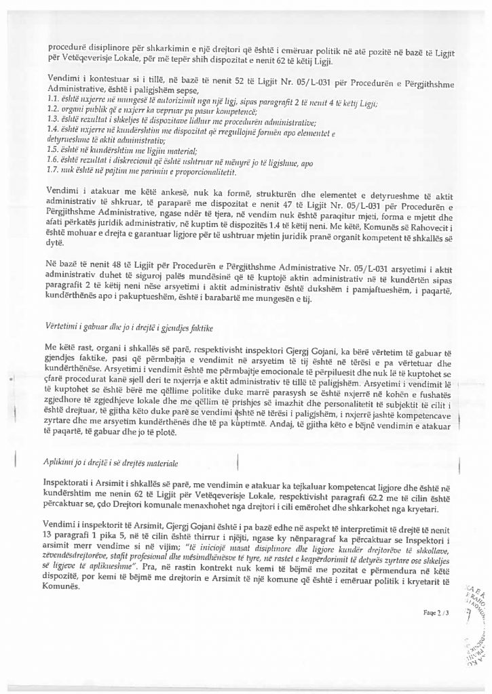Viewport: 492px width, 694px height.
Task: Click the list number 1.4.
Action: click(x=53, y=128)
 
